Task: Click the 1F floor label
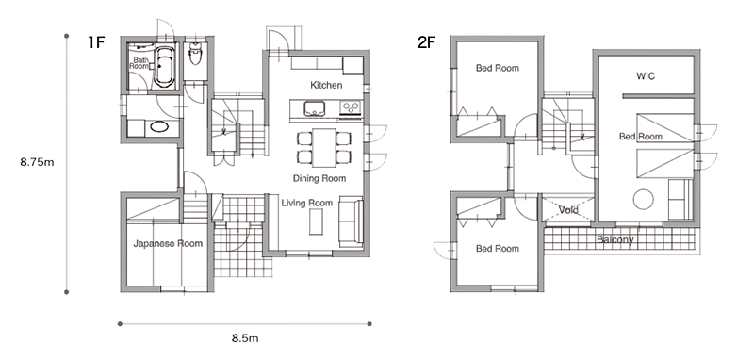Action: tap(95, 42)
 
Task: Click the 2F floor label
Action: tap(427, 42)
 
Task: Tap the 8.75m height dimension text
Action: tap(37, 162)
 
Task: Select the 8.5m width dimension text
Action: tap(245, 338)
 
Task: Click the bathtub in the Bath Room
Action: tap(164, 66)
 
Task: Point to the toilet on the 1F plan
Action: tap(194, 54)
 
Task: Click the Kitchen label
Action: tap(326, 85)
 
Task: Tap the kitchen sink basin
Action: tap(314, 108)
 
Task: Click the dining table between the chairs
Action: tap(324, 147)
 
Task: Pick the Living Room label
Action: tap(307, 203)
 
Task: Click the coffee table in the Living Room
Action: tap(317, 221)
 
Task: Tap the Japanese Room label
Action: tap(168, 243)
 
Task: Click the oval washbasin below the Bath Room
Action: tap(160, 126)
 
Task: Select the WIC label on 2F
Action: tap(646, 75)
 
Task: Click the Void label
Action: tap(568, 209)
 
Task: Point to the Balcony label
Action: tap(615, 240)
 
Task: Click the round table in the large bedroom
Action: tap(644, 199)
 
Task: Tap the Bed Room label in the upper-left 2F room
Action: tap(498, 68)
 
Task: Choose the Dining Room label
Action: tap(319, 179)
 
